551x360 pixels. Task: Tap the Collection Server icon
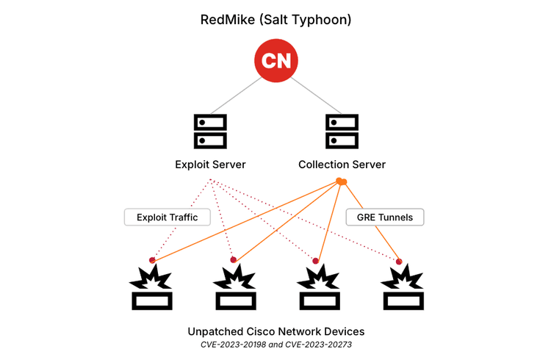[342, 131]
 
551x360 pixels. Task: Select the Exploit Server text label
[210, 164]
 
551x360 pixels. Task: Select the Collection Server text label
[342, 164]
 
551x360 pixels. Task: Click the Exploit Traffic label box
[167, 217]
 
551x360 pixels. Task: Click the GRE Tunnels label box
[384, 217]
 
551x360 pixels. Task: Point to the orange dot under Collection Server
[341, 181]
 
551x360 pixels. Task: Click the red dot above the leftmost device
[152, 259]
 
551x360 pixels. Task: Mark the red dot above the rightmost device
[399, 261]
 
